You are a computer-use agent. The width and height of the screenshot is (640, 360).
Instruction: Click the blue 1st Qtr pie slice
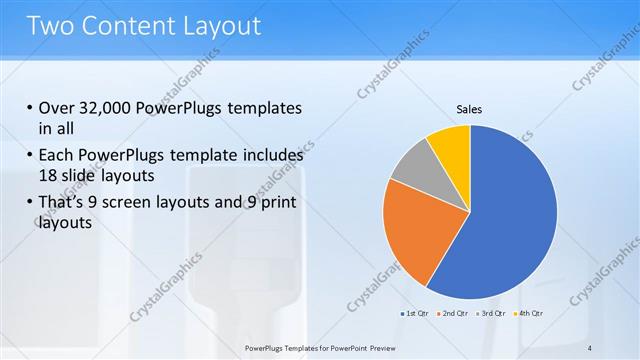(x=510, y=220)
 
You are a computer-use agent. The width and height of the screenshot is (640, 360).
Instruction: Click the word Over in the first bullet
(x=58, y=108)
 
